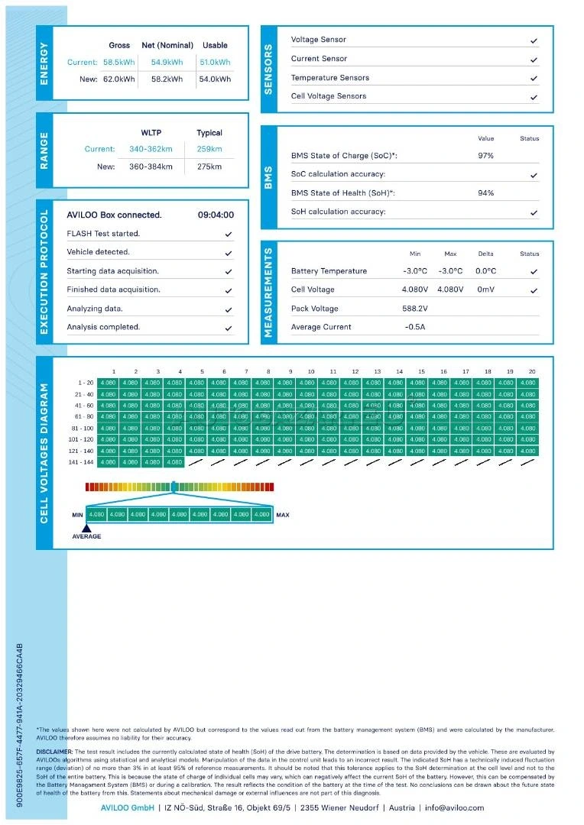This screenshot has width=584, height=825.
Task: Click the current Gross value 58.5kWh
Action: [119, 63]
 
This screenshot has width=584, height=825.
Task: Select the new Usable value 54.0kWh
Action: [215, 79]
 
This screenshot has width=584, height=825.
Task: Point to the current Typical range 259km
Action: [209, 149]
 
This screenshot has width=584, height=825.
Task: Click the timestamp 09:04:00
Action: [216, 215]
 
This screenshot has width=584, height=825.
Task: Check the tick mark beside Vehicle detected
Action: [229, 253]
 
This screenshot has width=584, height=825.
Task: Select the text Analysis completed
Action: [103, 327]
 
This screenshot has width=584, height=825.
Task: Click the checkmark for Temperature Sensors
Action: [534, 78]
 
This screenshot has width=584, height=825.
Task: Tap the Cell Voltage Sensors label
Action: [329, 96]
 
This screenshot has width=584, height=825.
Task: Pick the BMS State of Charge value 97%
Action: [485, 156]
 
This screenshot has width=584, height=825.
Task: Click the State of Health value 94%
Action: [485, 193]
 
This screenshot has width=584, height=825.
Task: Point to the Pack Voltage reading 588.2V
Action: [415, 309]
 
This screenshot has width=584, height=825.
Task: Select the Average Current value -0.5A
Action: [414, 327]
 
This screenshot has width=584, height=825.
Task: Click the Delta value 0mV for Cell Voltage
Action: [486, 290]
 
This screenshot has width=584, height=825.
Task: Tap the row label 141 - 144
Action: [80, 462]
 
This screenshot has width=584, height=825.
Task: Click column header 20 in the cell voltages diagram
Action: [531, 372]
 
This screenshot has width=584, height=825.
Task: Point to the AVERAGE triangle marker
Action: [86, 527]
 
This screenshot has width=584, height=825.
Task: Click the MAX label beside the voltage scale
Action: [283, 515]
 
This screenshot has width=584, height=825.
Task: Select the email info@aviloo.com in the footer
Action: [455, 807]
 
